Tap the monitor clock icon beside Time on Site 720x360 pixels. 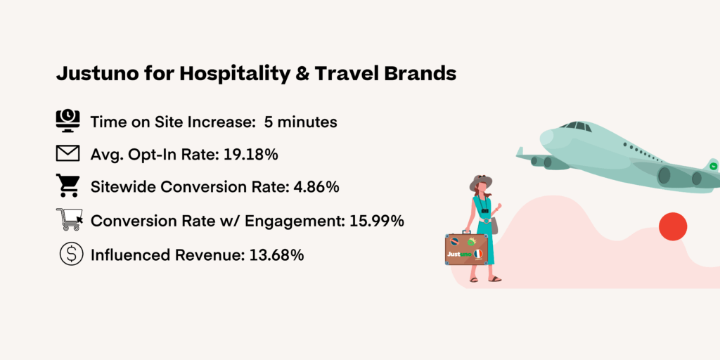point(68,121)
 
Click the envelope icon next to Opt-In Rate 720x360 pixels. point(68,153)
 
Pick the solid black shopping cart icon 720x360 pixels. point(68,186)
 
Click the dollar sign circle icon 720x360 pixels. point(70,254)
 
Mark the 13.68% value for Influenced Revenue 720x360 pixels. point(276,255)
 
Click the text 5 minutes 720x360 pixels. point(300,122)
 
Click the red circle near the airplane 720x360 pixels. point(672,226)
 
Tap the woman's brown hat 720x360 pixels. point(481,183)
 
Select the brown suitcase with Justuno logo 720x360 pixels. point(466,249)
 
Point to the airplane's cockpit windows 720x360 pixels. point(577,126)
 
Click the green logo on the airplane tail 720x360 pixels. point(713,166)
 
